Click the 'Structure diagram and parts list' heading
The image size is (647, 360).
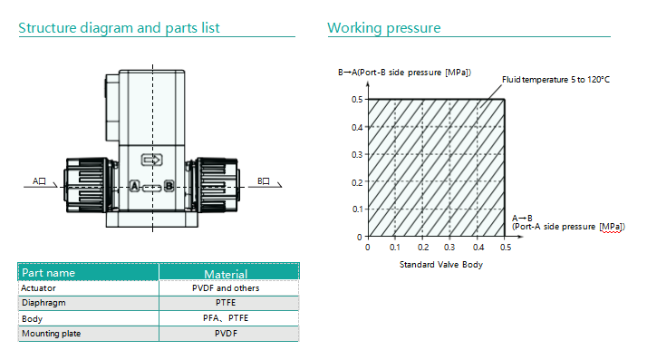119,28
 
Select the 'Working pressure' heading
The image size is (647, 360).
383,28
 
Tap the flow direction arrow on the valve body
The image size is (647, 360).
152,160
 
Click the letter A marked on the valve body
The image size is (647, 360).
134,186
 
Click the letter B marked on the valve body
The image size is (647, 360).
169,186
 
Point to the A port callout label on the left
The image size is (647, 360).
39,181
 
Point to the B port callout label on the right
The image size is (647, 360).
264,181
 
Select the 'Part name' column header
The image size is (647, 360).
48,273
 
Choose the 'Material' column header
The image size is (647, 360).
226,274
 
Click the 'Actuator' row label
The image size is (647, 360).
38,288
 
